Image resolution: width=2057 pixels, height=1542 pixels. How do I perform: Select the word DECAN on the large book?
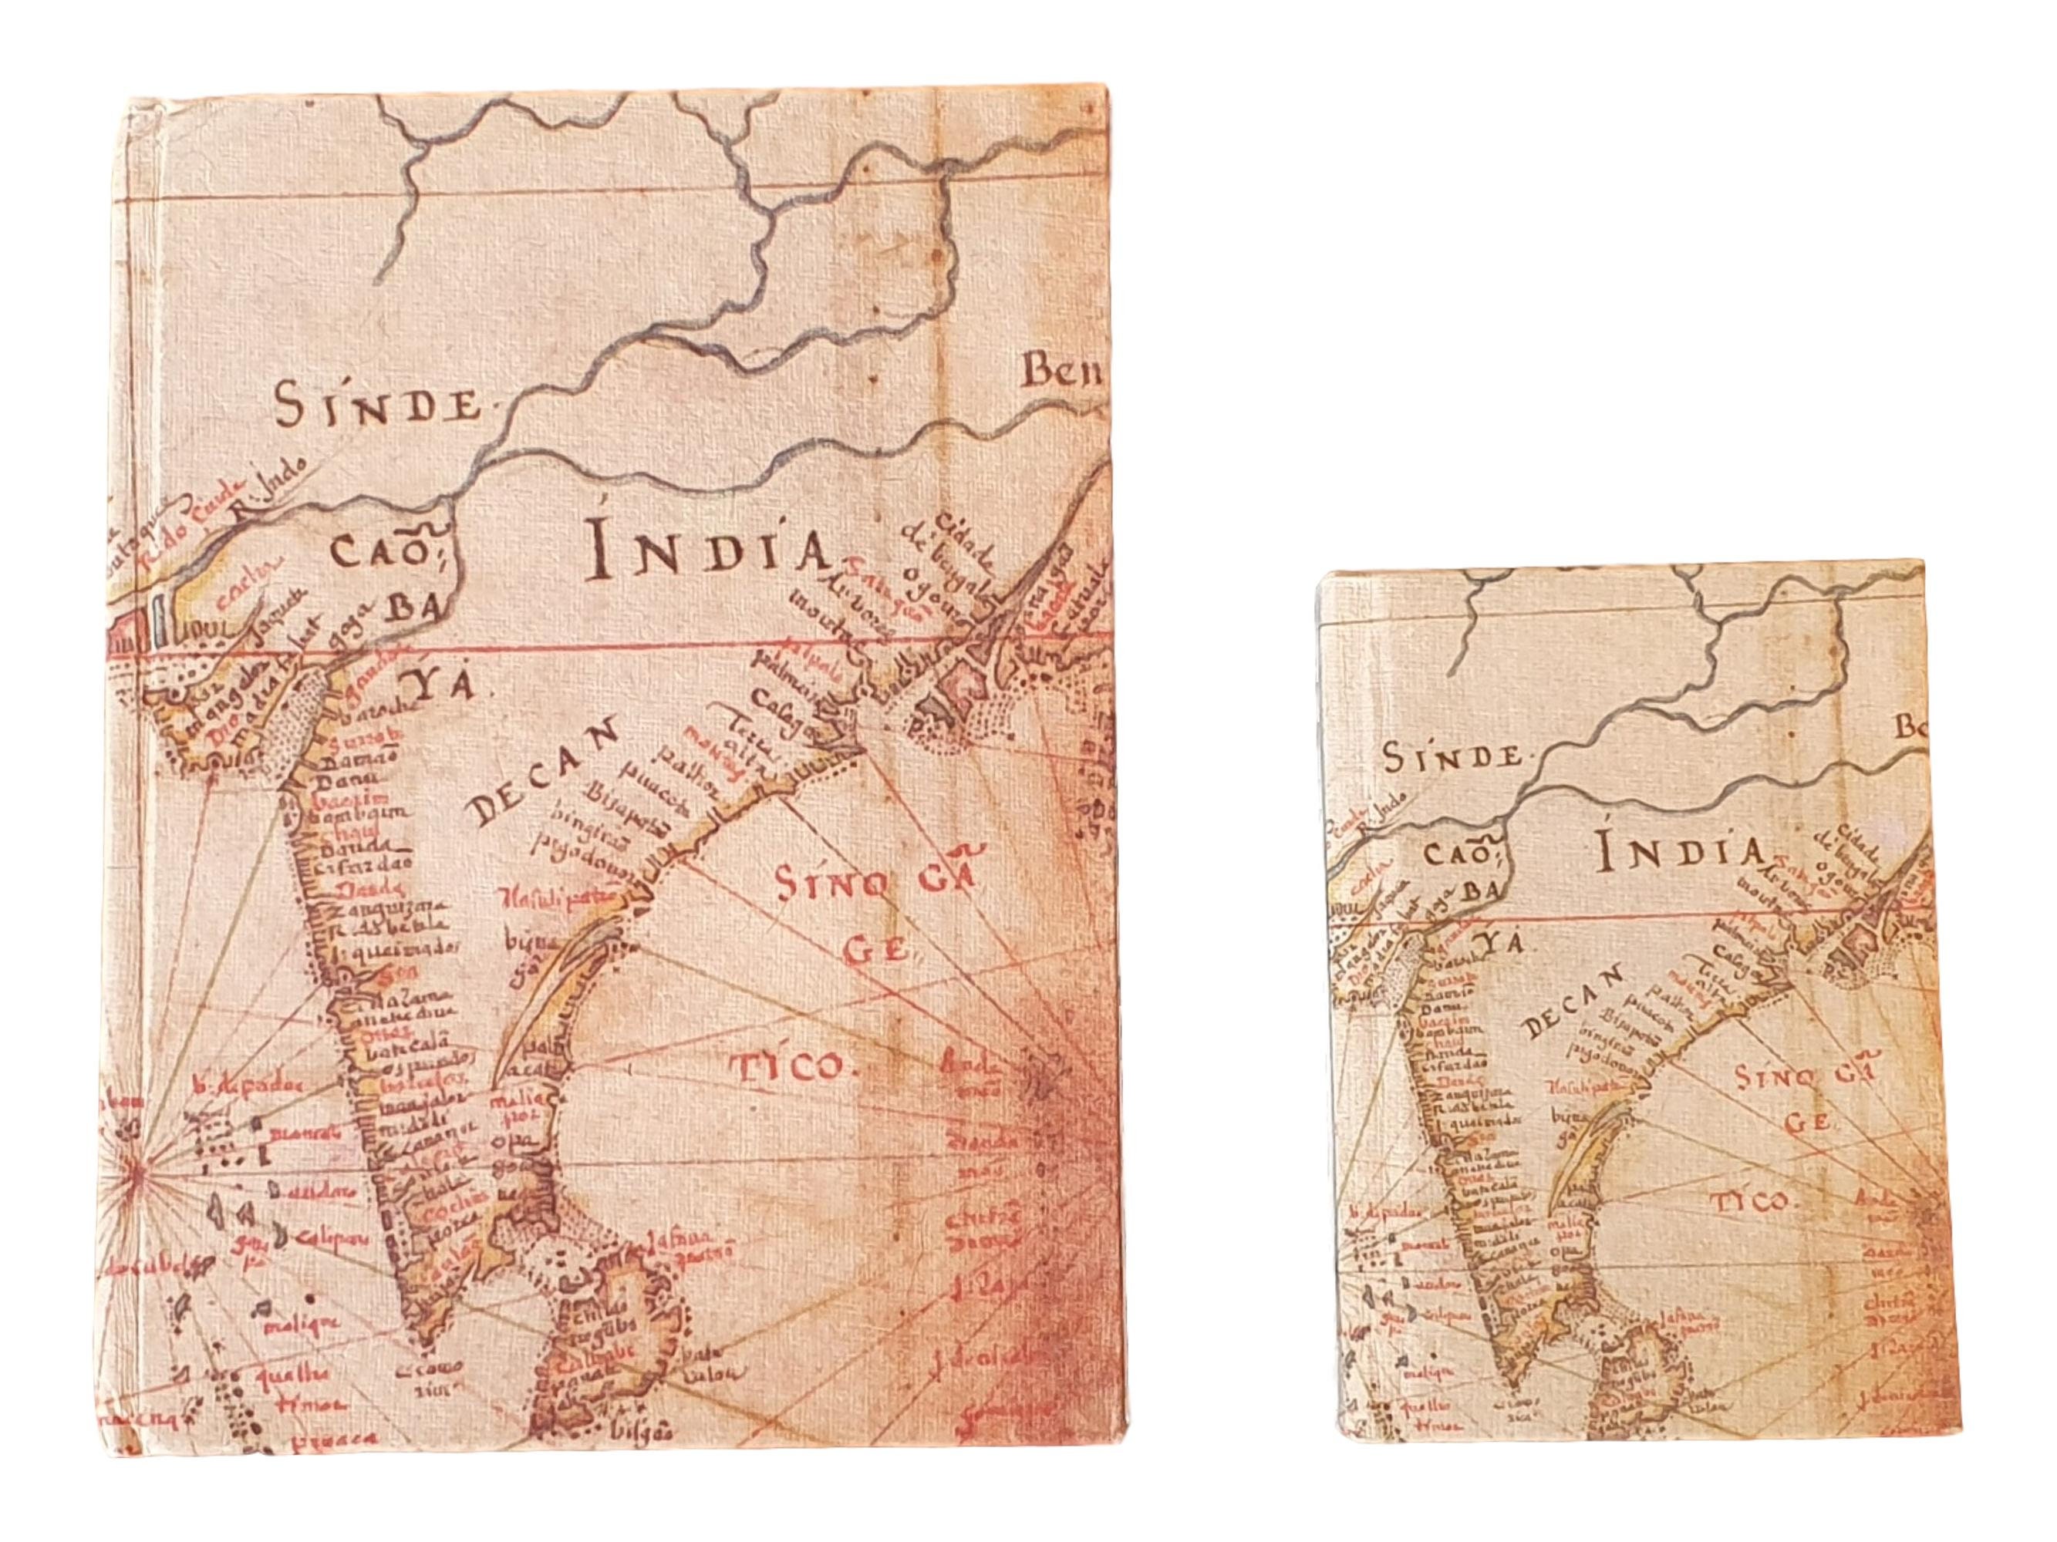(544, 774)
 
